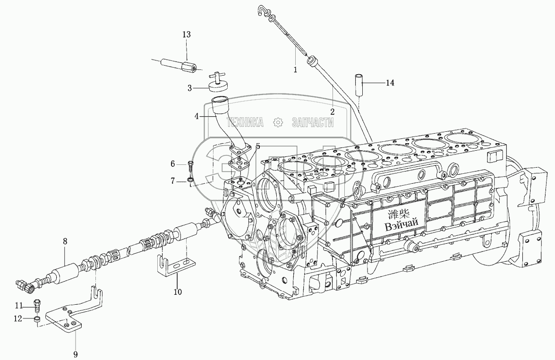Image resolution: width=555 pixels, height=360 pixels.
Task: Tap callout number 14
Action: coord(390,83)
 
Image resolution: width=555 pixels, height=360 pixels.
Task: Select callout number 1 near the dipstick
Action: coord(296,69)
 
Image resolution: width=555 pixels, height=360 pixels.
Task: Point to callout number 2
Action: coord(333,111)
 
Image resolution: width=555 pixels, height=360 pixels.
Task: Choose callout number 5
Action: coord(258,146)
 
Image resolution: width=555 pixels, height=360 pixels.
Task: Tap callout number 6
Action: coord(173,164)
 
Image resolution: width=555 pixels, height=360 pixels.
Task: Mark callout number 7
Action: coord(173,181)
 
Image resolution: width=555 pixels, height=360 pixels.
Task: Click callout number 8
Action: coord(65,241)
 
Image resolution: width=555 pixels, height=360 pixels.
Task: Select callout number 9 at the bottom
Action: coord(76,354)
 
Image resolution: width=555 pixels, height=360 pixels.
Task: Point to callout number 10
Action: coord(177,291)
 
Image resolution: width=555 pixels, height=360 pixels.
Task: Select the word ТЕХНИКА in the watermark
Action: coord(245,123)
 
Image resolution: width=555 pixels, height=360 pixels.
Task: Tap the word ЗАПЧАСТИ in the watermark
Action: coord(313,123)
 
